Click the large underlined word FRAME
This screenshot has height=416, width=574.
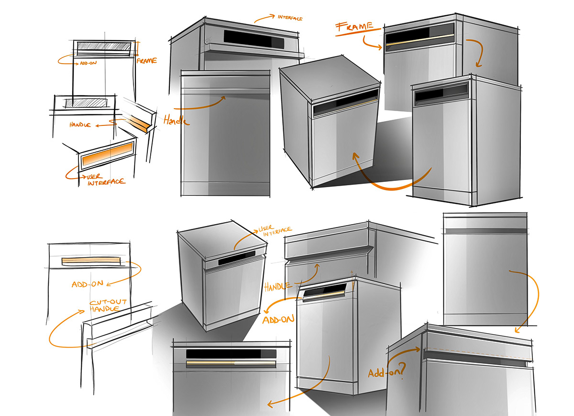[355, 27]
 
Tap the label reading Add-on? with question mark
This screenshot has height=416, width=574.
[386, 372]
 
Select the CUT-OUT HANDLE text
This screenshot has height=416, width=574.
[110, 308]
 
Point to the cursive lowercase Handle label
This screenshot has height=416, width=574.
[176, 120]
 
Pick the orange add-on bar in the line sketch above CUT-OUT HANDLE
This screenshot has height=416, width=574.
[91, 261]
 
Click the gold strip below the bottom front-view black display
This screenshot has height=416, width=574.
[230, 364]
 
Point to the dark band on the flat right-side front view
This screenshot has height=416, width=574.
[485, 231]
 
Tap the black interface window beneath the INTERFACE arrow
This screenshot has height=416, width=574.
[249, 37]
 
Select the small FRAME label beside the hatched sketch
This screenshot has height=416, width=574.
[146, 61]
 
